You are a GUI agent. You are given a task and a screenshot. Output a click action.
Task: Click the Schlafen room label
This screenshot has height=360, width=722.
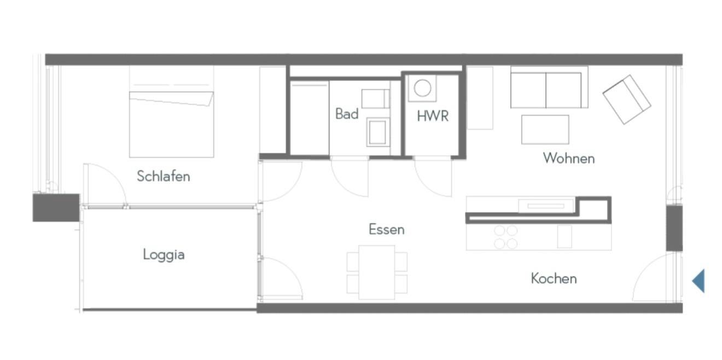pos(164,176)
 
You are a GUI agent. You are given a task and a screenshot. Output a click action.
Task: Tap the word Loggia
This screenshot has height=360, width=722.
pos(164,254)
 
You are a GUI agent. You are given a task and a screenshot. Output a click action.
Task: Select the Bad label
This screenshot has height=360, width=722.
pos(347,114)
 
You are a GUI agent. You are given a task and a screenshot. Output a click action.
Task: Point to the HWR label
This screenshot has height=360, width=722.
pos(433,116)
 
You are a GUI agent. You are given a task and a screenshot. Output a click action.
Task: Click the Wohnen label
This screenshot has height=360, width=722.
pos(569,158)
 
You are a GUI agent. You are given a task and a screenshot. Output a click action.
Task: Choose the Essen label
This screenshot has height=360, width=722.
pos(387,229)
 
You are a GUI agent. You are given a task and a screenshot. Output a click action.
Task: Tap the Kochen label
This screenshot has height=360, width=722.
pos(554,278)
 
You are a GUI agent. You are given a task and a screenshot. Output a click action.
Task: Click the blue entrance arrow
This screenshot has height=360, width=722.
pos(698,281)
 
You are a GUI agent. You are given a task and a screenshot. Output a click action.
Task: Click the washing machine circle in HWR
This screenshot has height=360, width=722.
pos(422,88)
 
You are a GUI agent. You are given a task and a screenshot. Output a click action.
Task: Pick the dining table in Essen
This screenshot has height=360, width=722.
pos(377,272)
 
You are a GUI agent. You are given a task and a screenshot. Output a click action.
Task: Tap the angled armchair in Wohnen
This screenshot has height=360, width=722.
pos(627,99)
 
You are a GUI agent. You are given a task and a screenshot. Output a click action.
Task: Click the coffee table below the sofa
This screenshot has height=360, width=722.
pos(545,129)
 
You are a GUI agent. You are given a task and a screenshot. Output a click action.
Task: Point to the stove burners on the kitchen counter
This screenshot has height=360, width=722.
pos(506,237)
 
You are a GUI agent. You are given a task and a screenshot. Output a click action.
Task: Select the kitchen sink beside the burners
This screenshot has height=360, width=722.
pos(564,236)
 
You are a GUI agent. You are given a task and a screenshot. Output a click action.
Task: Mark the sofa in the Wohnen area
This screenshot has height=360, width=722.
pos(549,87)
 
